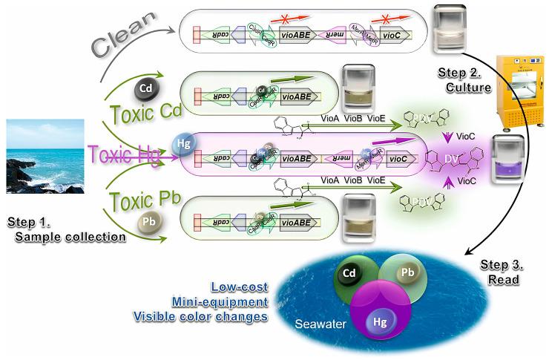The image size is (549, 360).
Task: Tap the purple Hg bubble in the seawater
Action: coord(379,320)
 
